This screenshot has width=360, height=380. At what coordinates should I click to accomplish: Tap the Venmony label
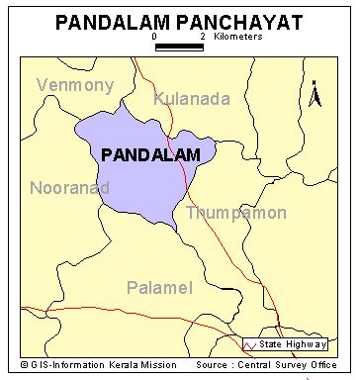click(x=75, y=85)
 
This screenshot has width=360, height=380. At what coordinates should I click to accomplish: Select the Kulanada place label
click(x=192, y=98)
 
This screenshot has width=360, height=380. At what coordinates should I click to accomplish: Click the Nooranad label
click(x=69, y=187)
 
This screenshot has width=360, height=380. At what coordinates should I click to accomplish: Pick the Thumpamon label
click(x=236, y=213)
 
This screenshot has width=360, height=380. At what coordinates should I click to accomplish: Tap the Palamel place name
click(x=159, y=287)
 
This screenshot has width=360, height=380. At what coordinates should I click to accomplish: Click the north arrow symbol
click(x=315, y=95)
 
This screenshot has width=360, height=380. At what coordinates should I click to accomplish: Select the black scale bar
click(x=179, y=46)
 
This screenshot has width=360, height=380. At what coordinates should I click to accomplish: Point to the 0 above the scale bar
click(x=155, y=36)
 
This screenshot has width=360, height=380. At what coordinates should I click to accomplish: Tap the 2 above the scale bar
click(x=202, y=36)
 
